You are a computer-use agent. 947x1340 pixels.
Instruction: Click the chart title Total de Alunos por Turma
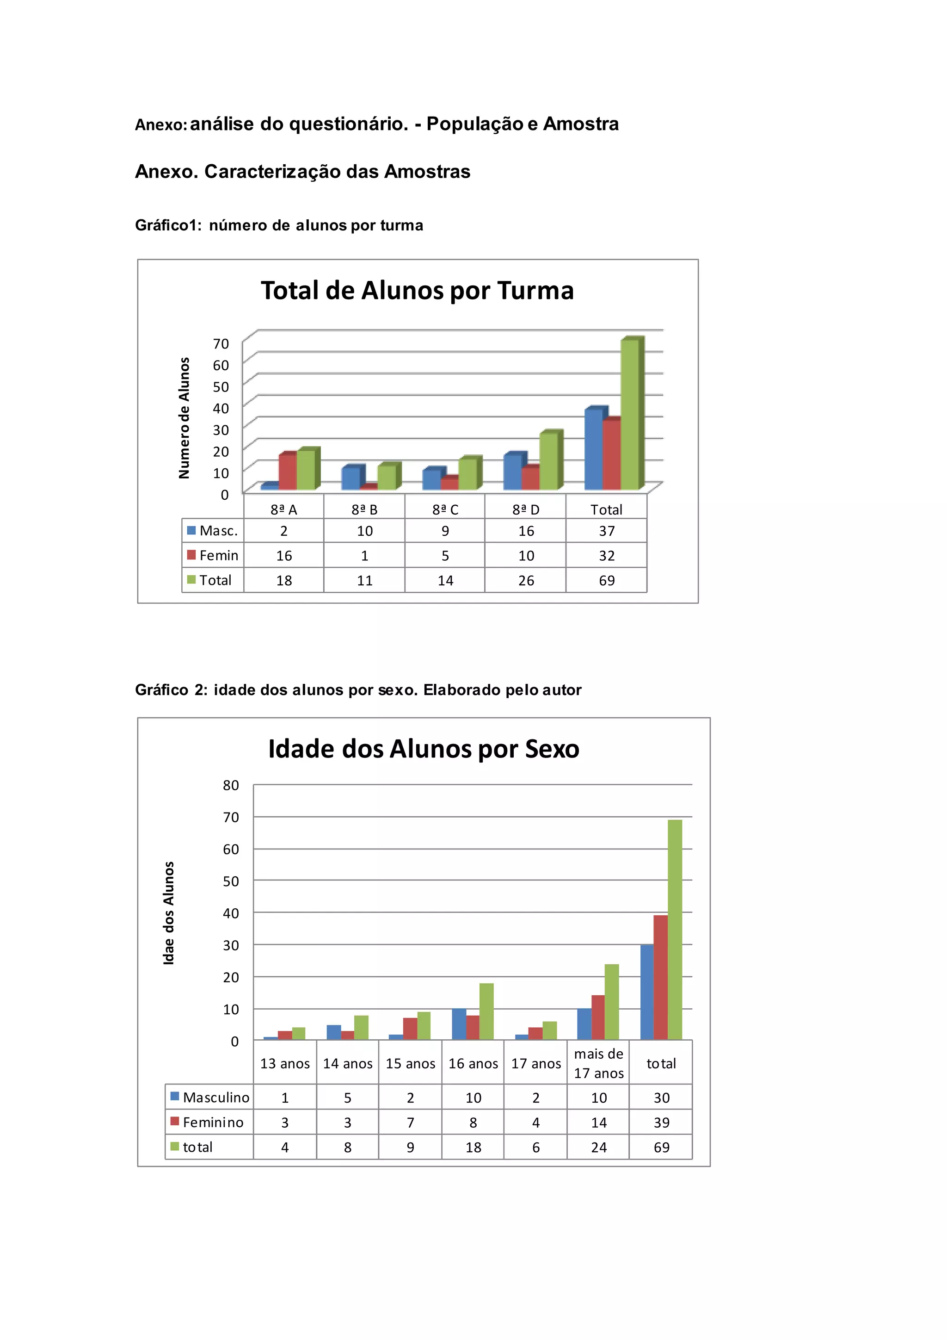417,291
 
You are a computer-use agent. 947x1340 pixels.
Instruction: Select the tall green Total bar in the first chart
629,415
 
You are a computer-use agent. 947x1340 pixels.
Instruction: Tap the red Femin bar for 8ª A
288,471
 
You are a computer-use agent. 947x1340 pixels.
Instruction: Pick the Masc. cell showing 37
607,531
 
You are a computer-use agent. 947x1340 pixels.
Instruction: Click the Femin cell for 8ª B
364,556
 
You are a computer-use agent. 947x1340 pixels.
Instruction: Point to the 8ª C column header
445,509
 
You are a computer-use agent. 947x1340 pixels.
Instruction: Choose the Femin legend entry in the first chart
213,556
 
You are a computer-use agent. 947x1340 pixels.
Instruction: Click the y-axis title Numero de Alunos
184,418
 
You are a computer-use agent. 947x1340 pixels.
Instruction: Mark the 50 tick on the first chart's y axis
221,386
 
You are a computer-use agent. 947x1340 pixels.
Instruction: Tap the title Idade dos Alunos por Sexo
424,749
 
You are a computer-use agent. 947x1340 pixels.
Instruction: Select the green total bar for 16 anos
486,1011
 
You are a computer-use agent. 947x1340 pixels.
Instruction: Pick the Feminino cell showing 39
661,1123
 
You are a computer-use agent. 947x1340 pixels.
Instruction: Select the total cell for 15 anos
411,1148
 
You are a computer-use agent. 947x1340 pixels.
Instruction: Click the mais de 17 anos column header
598,1063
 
